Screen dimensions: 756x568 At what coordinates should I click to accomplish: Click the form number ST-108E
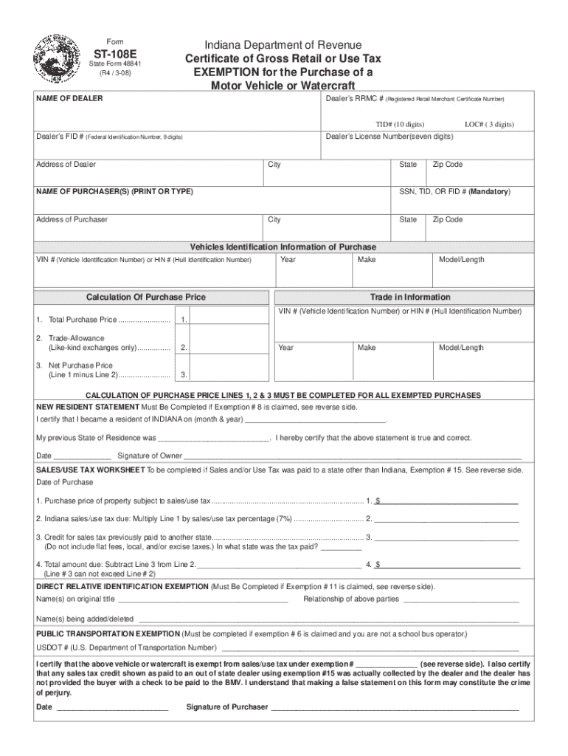click(x=109, y=53)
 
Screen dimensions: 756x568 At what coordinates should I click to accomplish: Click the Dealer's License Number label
click(x=389, y=137)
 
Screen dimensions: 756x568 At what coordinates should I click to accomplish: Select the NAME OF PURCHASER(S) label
click(x=114, y=191)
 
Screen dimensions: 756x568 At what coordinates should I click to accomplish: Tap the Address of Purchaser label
click(x=72, y=219)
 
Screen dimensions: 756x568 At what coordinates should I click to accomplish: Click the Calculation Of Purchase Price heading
click(x=146, y=297)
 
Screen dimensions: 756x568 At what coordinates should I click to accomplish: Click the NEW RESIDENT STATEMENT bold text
click(x=87, y=407)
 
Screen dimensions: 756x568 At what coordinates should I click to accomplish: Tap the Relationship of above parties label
click(x=351, y=599)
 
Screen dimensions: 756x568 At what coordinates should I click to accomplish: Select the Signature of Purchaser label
click(x=227, y=707)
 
